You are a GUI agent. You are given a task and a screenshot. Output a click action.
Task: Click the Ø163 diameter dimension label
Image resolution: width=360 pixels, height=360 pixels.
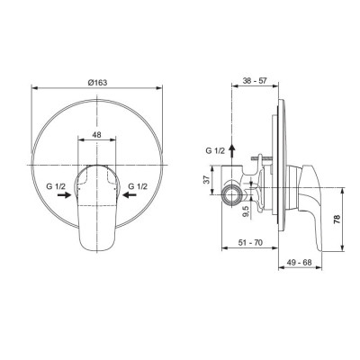(x=99, y=83)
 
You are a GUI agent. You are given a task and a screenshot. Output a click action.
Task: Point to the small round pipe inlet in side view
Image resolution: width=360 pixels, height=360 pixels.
(x=235, y=192)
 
